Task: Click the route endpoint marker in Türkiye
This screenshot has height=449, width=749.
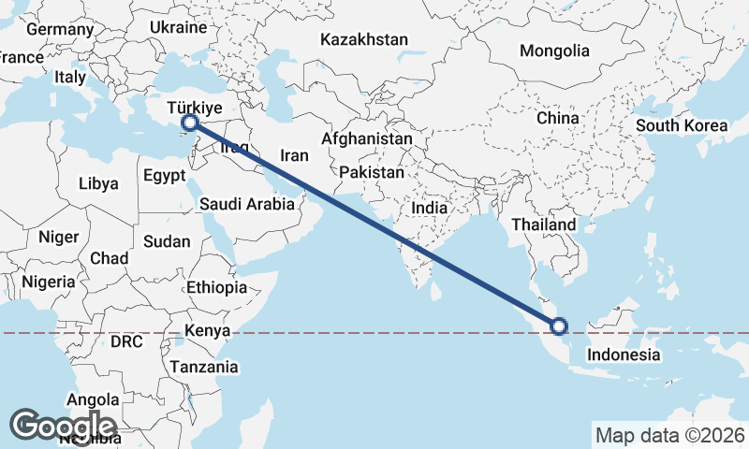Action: click(x=190, y=123)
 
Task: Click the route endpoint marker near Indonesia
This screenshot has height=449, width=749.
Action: click(x=559, y=326)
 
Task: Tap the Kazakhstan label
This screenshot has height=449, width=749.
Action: click(x=364, y=40)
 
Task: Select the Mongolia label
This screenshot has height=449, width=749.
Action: click(x=555, y=51)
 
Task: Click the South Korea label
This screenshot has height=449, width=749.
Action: click(x=681, y=125)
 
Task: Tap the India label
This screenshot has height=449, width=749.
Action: click(x=436, y=209)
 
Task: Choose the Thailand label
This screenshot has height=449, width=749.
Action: click(x=544, y=225)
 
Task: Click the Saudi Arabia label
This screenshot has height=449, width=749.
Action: click(x=247, y=203)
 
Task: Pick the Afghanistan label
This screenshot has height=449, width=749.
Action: click(x=366, y=138)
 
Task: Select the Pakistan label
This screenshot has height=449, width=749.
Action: click(x=372, y=173)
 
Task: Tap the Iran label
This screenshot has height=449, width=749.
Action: click(x=295, y=156)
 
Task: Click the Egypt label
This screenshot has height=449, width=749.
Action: click(x=165, y=175)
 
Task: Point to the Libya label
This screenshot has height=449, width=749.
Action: click(x=98, y=183)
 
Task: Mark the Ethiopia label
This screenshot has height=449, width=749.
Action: click(x=216, y=287)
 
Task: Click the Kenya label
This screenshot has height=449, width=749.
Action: click(x=207, y=331)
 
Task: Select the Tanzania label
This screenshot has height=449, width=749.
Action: click(x=204, y=367)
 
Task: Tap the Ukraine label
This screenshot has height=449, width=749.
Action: click(x=177, y=28)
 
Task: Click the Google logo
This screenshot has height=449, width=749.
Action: click(x=63, y=426)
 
